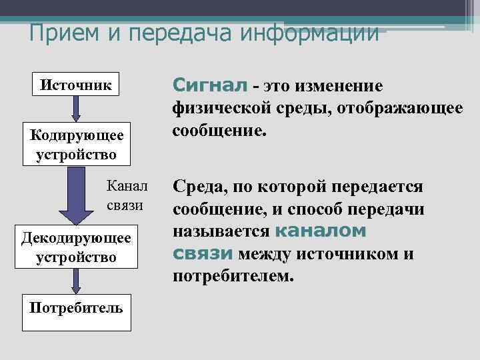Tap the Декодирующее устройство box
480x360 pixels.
(x=77, y=247)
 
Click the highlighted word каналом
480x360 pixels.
(x=321, y=232)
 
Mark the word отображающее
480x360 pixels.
(x=403, y=108)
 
